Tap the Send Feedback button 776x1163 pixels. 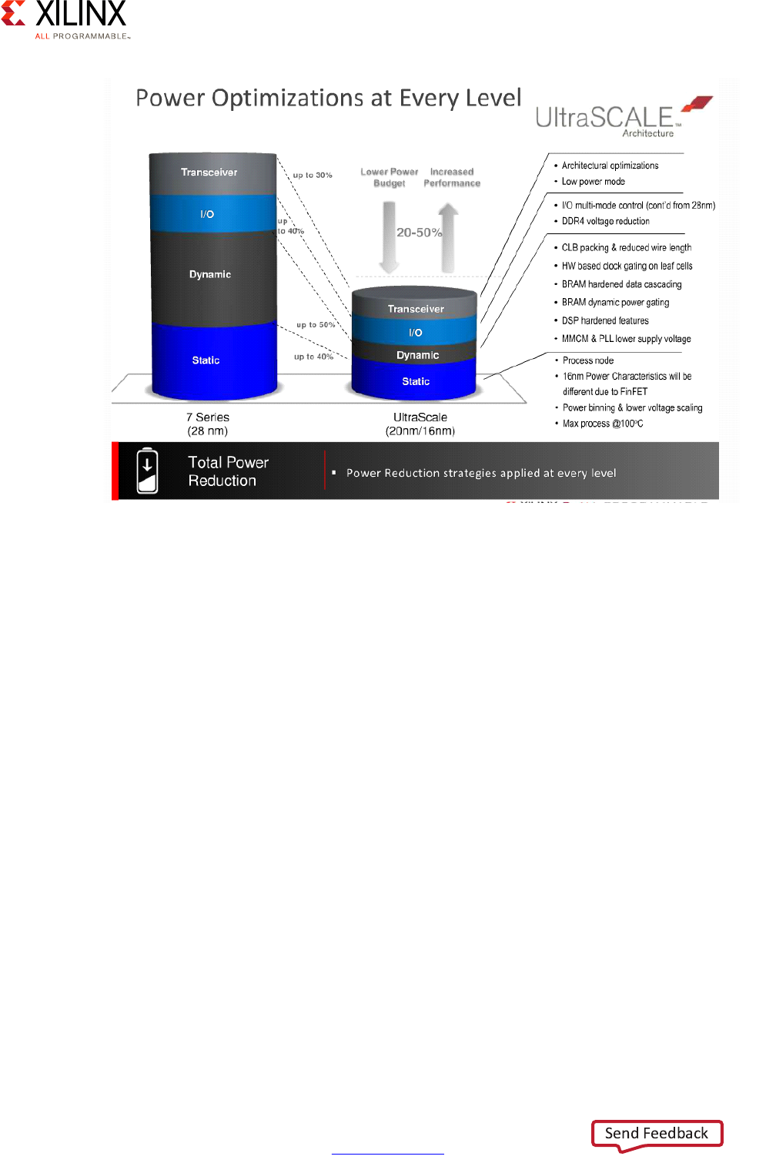pos(657,1134)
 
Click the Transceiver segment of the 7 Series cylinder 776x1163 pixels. pos(209,173)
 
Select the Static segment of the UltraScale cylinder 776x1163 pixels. pos(416,382)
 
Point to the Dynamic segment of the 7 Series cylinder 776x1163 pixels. pos(210,275)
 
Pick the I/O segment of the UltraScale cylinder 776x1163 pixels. pos(416,333)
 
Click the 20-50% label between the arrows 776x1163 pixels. pos(419,233)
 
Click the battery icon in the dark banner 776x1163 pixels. pos(147,471)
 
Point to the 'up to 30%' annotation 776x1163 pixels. pos(313,176)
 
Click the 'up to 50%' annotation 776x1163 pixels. pos(316,325)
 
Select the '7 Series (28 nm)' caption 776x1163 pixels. pos(208,424)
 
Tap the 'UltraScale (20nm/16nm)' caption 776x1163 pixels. pos(420,424)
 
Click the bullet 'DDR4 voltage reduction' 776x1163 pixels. pos(605,222)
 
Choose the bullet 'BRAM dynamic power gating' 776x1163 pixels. pos(615,303)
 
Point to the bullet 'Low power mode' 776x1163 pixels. pos(593,182)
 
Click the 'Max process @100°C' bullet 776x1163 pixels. pos(602,424)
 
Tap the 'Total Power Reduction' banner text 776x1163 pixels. pos(228,471)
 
